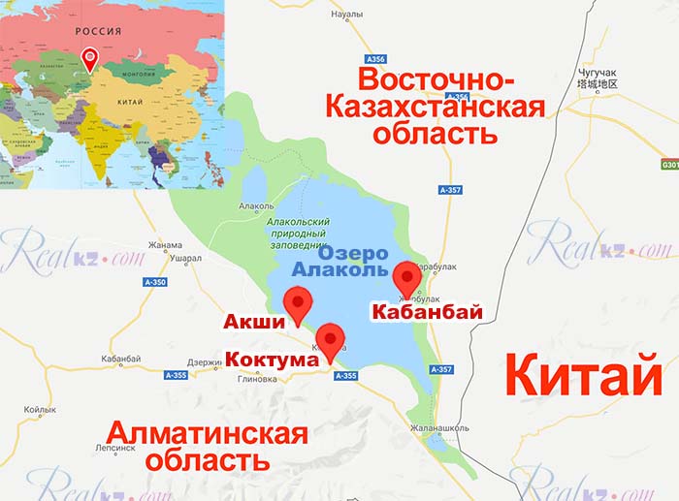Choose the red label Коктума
273,360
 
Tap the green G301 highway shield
669,165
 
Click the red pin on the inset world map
90,58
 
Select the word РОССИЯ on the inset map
99,31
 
